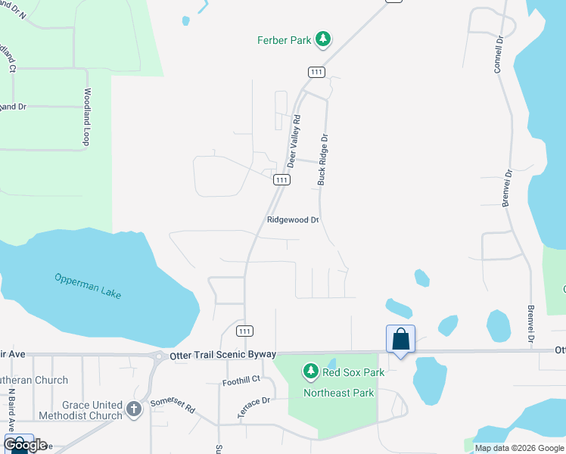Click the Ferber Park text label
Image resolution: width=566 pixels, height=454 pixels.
click(x=284, y=40)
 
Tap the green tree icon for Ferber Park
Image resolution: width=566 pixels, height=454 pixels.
click(x=323, y=39)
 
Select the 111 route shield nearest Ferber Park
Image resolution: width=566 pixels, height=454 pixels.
click(x=316, y=71)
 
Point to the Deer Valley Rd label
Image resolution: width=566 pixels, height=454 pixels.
click(x=294, y=141)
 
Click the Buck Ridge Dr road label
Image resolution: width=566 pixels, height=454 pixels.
click(x=323, y=160)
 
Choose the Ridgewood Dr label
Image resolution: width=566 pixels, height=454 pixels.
click(x=293, y=220)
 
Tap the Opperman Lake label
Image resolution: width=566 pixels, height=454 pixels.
click(x=88, y=286)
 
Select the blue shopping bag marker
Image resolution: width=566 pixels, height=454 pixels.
click(x=400, y=339)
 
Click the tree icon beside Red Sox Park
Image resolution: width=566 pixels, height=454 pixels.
click(x=309, y=371)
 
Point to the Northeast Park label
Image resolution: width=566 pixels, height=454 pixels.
click(x=339, y=393)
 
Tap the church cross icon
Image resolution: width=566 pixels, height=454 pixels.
click(x=133, y=409)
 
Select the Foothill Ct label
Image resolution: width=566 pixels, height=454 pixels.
click(x=241, y=379)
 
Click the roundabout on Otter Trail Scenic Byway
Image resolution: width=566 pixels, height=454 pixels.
click(x=159, y=356)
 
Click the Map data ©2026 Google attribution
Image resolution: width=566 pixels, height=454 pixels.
click(x=520, y=448)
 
